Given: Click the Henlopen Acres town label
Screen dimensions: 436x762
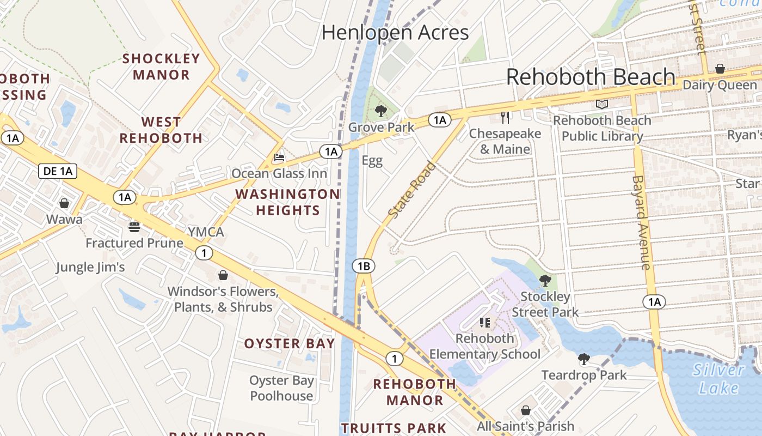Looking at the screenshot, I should [x=395, y=33].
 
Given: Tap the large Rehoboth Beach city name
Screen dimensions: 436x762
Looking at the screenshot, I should [x=591, y=77].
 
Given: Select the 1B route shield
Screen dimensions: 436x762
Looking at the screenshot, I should [x=364, y=266].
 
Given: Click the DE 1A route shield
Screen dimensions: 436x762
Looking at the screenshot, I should [x=58, y=171].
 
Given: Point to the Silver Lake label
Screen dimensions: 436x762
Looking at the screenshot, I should [x=718, y=379].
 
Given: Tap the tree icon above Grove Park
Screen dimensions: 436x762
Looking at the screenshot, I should [x=381, y=112].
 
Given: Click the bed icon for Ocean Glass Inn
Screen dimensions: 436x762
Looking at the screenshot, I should [x=279, y=158].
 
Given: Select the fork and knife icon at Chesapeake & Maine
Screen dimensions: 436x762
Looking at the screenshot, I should [x=505, y=117].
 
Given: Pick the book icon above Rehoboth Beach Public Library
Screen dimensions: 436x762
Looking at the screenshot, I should [x=601, y=104].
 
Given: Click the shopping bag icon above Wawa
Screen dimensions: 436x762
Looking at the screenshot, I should [x=64, y=203].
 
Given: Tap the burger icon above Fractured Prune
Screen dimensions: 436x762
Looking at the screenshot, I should [x=134, y=227].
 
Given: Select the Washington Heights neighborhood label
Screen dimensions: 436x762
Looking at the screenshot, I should [x=287, y=202].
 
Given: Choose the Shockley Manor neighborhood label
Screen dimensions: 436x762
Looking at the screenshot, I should [x=161, y=66].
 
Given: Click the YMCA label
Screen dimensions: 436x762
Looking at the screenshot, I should [x=206, y=232].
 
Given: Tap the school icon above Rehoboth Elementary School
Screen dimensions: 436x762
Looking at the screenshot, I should [x=485, y=323].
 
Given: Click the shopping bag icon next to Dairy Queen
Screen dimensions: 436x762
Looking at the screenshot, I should [x=720, y=69].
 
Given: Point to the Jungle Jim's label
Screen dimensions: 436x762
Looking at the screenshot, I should [x=90, y=268].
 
